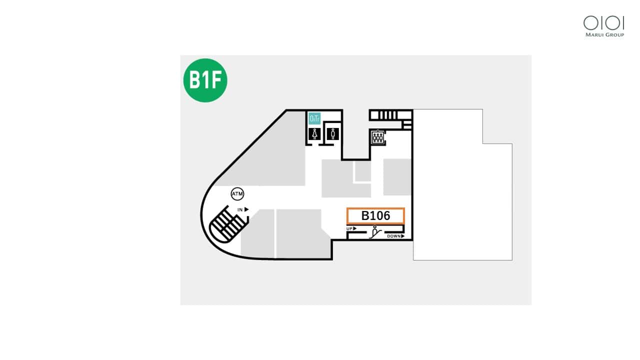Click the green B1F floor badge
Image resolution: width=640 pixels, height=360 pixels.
205,80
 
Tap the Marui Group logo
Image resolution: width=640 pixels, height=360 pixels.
604,26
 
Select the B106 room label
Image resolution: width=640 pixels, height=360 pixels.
375,216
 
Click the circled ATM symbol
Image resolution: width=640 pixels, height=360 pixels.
237,193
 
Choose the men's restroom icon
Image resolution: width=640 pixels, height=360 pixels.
333,134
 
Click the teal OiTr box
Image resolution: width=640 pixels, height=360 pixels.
314,118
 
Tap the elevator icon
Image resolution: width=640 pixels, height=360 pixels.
377,137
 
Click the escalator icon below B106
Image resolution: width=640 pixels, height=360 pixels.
375,232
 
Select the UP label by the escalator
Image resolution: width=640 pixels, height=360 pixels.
351,229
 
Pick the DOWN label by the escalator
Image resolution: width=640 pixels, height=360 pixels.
395,236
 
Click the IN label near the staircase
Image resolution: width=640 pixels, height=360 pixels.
242,209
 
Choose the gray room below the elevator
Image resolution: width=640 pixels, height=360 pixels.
397,176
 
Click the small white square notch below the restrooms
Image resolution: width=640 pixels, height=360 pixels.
362,171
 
